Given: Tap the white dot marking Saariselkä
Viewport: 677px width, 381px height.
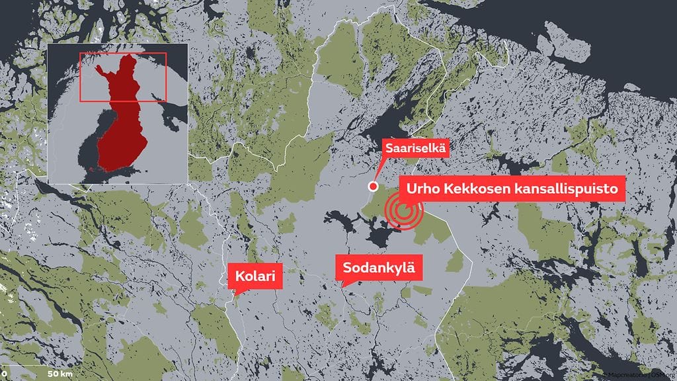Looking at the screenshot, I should click(x=372, y=186).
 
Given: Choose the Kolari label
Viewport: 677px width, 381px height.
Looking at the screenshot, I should click(x=256, y=276).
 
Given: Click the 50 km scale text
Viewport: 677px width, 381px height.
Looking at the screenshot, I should click(x=60, y=374).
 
